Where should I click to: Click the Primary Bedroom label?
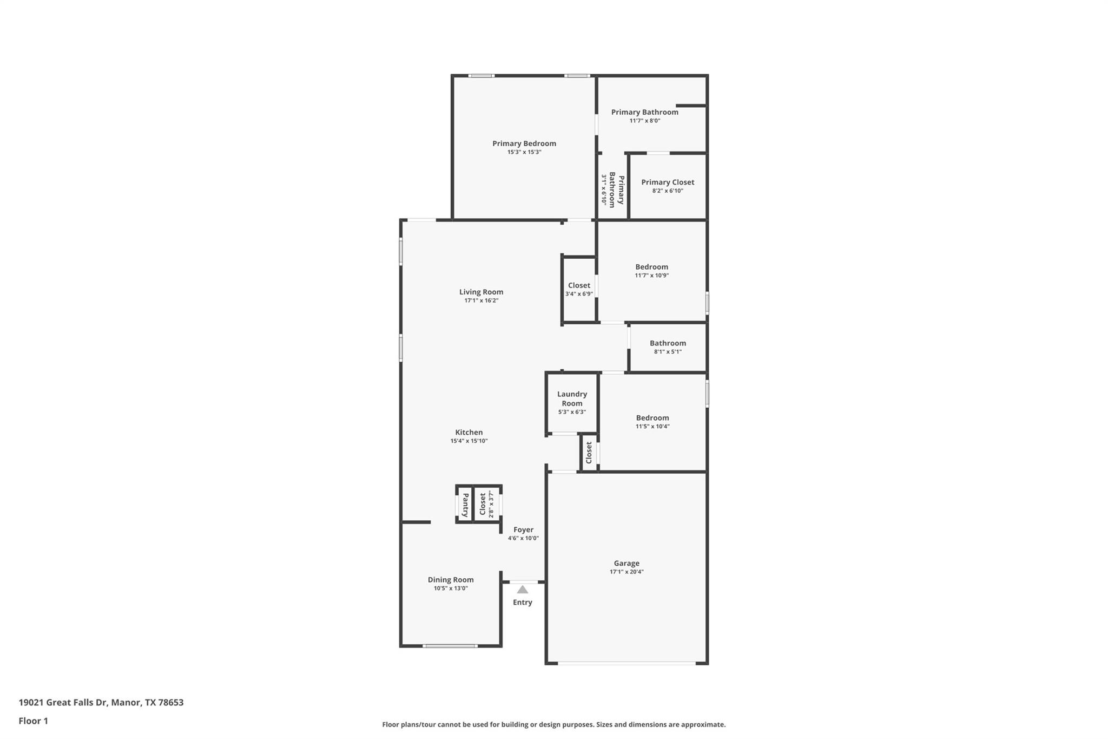click(x=524, y=143)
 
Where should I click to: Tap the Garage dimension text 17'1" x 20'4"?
click(x=626, y=572)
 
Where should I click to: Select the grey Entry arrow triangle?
click(x=522, y=590)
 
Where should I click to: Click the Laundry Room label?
click(x=572, y=398)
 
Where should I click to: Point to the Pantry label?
click(x=465, y=505)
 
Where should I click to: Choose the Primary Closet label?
click(x=668, y=182)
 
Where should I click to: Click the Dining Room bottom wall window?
click(x=450, y=645)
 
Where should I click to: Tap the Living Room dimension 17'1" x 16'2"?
click(x=481, y=300)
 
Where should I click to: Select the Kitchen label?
click(x=469, y=432)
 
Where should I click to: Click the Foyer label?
click(x=523, y=529)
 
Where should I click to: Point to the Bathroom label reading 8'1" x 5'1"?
click(x=668, y=343)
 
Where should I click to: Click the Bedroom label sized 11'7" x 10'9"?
click(x=651, y=267)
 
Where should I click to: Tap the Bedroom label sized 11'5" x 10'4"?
click(x=652, y=418)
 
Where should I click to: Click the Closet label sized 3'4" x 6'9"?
click(x=579, y=285)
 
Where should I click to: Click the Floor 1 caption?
click(x=33, y=721)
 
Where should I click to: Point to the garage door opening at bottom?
click(x=626, y=663)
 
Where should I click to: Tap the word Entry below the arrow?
click(x=522, y=602)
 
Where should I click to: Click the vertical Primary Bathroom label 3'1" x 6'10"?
click(x=612, y=189)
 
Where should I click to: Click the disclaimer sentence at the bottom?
click(x=553, y=724)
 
